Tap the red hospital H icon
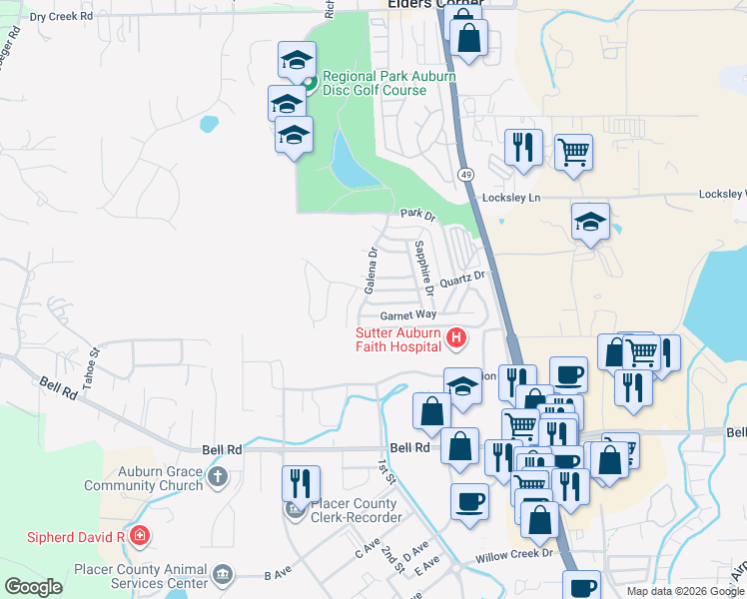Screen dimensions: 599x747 (x=456, y=338)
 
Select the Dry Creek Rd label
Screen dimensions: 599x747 (x=61, y=17)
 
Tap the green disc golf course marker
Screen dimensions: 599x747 (x=310, y=83)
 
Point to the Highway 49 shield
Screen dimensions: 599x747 (x=466, y=175)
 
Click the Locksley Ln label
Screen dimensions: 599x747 (x=511, y=198)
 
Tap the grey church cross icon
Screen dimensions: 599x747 (x=219, y=478)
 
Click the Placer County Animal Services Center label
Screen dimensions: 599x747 (x=140, y=576)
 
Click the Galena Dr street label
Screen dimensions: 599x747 (x=371, y=271)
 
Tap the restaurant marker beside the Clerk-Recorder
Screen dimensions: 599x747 (x=301, y=485)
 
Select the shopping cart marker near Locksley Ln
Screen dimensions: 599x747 (x=573, y=153)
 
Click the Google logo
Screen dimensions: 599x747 (x=34, y=586)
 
